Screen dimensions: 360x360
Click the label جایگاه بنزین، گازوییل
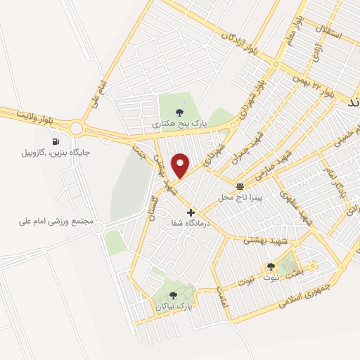pos(56,151)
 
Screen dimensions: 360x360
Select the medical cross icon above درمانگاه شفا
pos(191,212)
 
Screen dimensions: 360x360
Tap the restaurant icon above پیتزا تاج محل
pos(240,186)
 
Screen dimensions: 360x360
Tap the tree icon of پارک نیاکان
pos(173,295)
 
